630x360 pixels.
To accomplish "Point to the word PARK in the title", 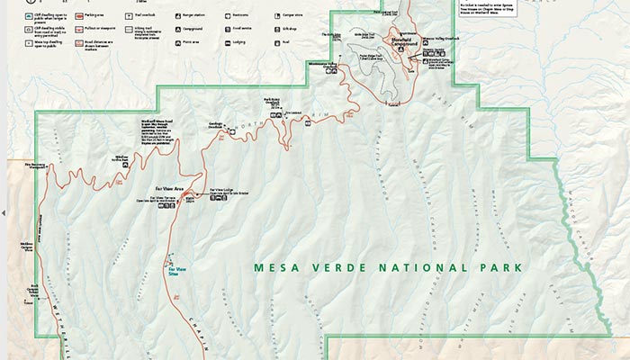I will (x=473, y=267).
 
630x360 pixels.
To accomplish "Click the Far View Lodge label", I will (x=222, y=191).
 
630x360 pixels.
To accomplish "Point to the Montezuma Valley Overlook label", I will (x=320, y=66).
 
